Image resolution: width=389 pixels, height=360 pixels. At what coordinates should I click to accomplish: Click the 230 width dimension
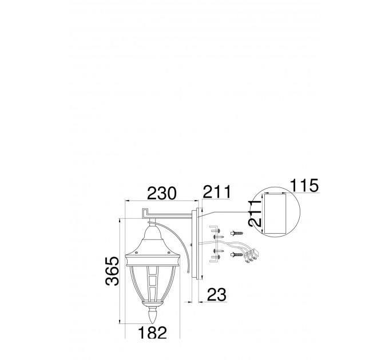161,193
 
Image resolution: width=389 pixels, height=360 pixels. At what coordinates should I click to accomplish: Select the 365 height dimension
112,271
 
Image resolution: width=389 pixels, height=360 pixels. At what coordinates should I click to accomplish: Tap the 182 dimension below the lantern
152,332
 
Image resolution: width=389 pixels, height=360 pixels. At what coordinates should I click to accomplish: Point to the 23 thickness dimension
217,295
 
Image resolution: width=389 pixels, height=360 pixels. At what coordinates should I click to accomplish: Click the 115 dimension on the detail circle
304,185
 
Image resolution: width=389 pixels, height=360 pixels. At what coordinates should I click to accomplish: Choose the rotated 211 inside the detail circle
255,213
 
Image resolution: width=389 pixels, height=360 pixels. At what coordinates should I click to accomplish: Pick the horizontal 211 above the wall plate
217,192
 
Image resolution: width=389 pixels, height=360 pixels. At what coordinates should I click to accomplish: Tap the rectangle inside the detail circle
275,214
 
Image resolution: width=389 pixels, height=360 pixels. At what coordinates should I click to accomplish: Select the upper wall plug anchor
237,233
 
